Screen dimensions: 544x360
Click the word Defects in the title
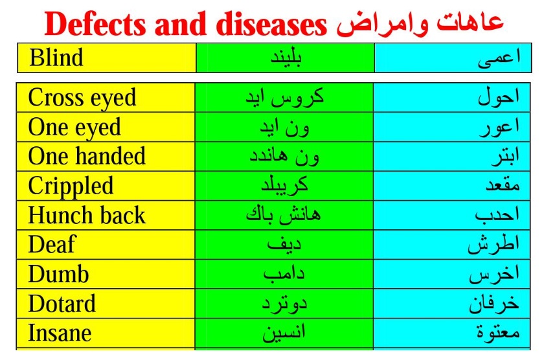point(95,24)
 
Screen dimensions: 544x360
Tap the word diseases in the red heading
point(271,24)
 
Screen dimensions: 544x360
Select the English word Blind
point(56,58)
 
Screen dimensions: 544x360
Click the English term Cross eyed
point(82,98)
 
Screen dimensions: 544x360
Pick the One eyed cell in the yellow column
point(74,128)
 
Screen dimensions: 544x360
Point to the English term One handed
point(87,156)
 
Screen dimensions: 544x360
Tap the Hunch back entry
point(87,216)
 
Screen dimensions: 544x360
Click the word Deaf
point(52,245)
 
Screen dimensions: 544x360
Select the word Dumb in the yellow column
point(58,274)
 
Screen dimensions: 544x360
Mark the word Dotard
point(62,304)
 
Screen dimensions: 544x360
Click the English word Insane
point(60,333)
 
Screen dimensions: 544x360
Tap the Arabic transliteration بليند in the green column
point(286,58)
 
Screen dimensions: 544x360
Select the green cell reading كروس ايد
point(284,98)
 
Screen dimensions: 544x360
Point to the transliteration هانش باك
point(284,215)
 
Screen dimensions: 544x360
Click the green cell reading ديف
point(284,245)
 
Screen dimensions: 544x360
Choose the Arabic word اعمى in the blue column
point(499,58)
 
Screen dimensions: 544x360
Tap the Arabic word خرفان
point(494,303)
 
